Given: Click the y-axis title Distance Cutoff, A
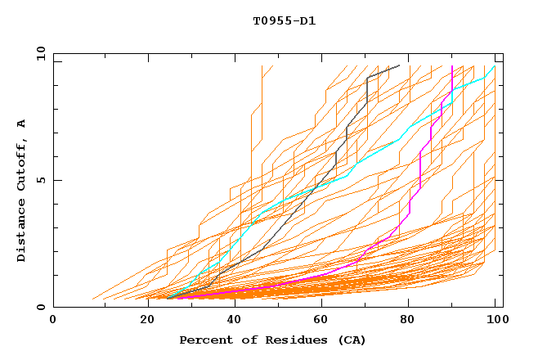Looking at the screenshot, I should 21,190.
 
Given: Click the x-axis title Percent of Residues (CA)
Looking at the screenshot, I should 273,340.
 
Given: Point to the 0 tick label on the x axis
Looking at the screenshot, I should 53,319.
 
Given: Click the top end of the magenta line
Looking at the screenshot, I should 452,66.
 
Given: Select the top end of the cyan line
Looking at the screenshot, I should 495,66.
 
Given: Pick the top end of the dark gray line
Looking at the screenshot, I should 400,65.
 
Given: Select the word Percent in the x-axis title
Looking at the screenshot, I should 205,340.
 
